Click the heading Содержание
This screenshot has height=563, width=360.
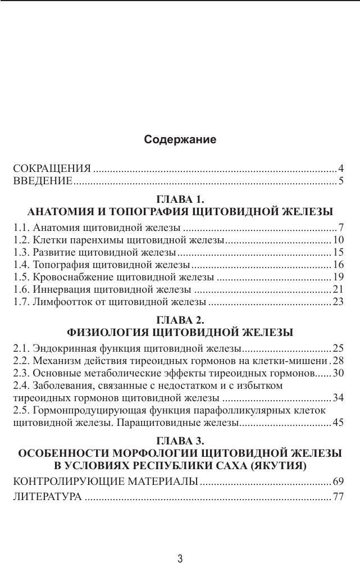pyautogui.click(x=180, y=139)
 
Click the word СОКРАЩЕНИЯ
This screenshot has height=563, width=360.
pyautogui.click(x=52, y=169)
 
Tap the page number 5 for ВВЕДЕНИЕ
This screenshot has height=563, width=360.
pyautogui.click(x=340, y=181)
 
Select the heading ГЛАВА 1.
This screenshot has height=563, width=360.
pyautogui.click(x=180, y=199)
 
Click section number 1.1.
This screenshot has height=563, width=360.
pyautogui.click(x=21, y=228)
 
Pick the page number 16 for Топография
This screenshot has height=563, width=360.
pyautogui.click(x=338, y=265)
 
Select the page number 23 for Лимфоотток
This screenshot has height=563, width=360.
pyautogui.click(x=338, y=302)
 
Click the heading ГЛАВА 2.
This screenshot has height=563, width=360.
pyautogui.click(x=180, y=320)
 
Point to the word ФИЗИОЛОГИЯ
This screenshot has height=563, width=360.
pyautogui.click(x=113, y=332)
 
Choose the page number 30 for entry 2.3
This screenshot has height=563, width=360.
pyautogui.click(x=338, y=373)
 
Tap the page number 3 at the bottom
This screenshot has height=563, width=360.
pyautogui.click(x=180, y=558)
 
